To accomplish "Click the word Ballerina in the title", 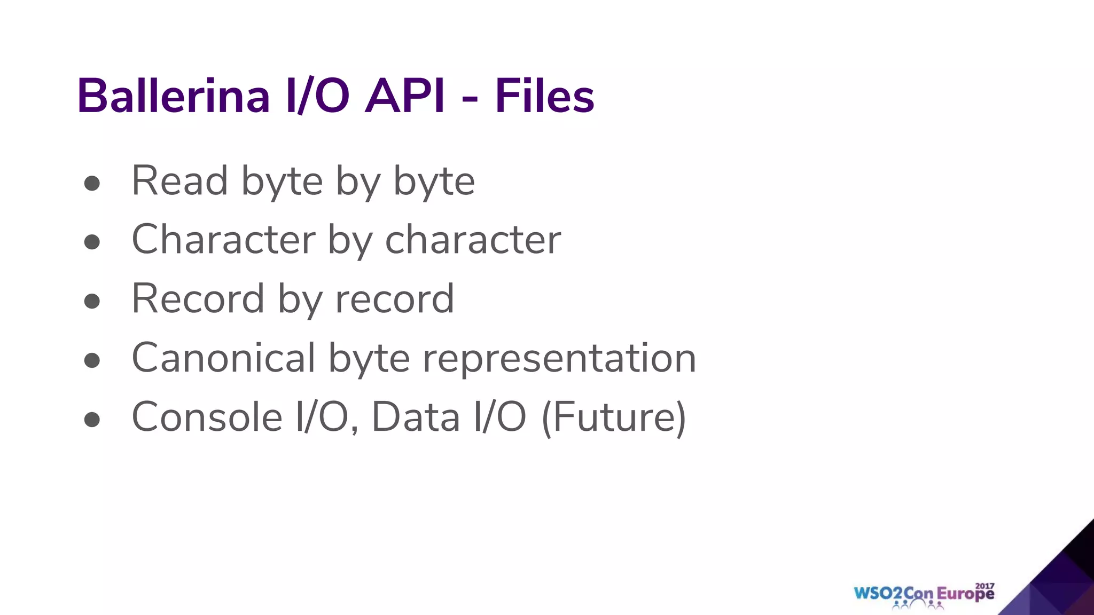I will coord(174,96).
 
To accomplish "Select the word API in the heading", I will coord(404,96).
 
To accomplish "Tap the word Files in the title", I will coord(544,96).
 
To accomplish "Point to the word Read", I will coord(180,181).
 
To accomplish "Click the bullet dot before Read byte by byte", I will coord(92,184).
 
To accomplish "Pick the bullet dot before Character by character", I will coord(92,242).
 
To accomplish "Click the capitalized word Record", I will coord(198,299).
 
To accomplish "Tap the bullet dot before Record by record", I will coord(92,301).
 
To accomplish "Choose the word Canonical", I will coord(223,358).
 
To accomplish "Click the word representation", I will coord(559,359).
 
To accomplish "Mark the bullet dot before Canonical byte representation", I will coord(92,360).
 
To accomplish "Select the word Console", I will coord(207,417).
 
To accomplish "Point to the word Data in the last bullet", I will coord(416,417).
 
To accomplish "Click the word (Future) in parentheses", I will coord(614,417).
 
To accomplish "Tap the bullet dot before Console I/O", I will coord(92,420).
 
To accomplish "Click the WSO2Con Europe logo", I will coord(924,595).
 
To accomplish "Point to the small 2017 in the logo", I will coord(984,586).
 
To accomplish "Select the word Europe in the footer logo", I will coord(965,595).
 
